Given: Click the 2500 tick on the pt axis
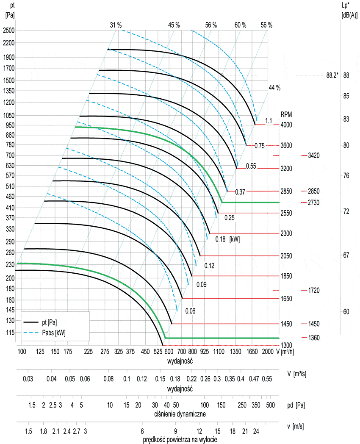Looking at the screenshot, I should (x=8, y=30).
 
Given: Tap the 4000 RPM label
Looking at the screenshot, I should (x=286, y=125).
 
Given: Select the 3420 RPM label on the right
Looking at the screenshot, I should (x=314, y=155).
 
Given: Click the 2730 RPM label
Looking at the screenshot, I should (x=314, y=203).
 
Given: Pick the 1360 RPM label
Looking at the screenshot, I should (x=314, y=338).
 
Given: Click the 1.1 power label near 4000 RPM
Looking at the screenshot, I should (x=268, y=121).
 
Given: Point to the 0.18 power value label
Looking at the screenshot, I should (x=220, y=239).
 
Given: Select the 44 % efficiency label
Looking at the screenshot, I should (x=274, y=88).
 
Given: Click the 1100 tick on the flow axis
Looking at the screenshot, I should (x=219, y=352).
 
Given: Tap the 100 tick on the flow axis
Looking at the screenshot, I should (x=22, y=352).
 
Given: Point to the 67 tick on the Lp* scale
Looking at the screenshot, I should (x=346, y=255).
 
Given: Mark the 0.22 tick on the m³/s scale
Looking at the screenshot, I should (x=192, y=378).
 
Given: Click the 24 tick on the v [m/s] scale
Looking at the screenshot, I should (x=256, y=431).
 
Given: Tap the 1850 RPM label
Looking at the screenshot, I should (x=286, y=276).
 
